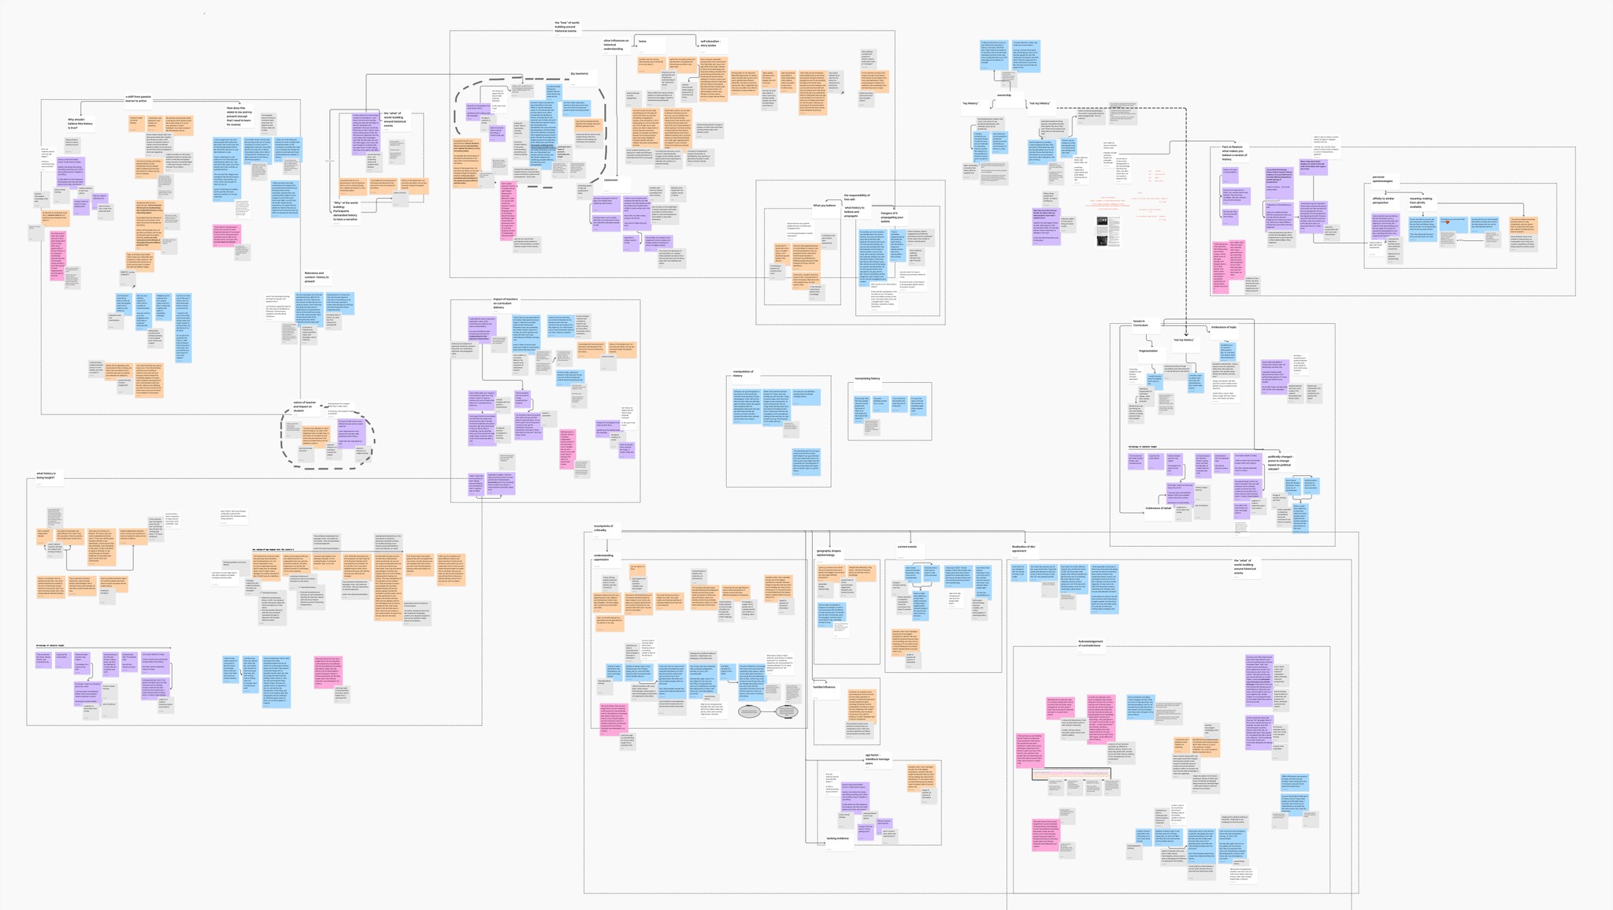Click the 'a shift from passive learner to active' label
(x=138, y=98)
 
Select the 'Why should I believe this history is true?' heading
(x=80, y=122)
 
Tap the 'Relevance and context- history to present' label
(x=315, y=277)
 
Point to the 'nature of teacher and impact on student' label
(x=304, y=406)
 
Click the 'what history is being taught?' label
(x=46, y=475)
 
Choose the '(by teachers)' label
(x=579, y=74)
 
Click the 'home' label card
(x=643, y=41)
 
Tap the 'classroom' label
(x=611, y=180)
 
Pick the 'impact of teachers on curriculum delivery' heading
(x=505, y=303)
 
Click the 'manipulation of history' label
(x=743, y=373)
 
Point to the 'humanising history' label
(x=867, y=378)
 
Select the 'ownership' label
(x=1004, y=95)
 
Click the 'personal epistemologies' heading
(x=1383, y=179)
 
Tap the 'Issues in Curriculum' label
(x=1140, y=323)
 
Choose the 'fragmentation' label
(x=1148, y=351)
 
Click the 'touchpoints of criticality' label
(x=605, y=528)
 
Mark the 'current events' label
(x=907, y=546)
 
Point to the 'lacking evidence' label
(x=837, y=838)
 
